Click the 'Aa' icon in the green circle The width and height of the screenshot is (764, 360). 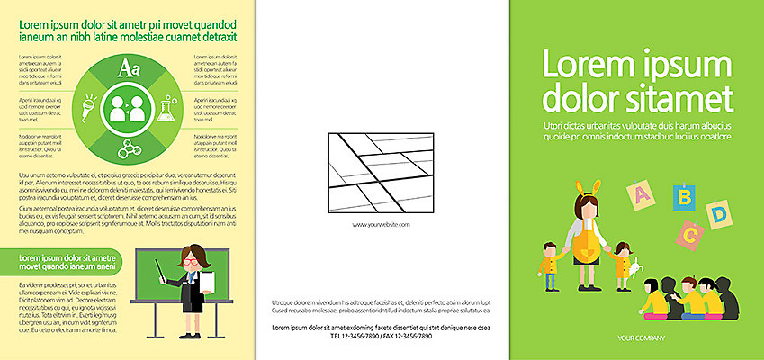point(128,67)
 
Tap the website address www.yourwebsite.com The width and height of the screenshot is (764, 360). point(381,224)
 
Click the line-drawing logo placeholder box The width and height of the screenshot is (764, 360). point(381,172)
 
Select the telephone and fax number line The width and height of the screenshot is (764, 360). point(381,336)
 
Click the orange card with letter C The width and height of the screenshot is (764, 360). point(690,236)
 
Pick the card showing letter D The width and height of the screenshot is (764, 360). point(719,215)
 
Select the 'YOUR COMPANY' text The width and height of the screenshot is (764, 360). point(641,337)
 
